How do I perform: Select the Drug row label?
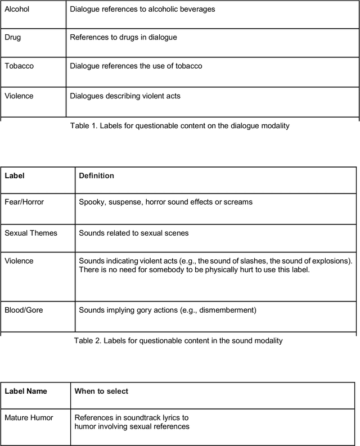[x=13, y=38]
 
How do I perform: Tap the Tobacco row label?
[x=19, y=66]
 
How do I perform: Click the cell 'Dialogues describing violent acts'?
[x=125, y=96]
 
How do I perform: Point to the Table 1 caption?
[x=179, y=126]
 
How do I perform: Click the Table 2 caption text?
[x=178, y=341]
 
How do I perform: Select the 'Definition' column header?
[x=96, y=176]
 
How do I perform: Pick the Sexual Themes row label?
[x=31, y=233]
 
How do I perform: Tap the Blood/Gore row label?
[x=24, y=310]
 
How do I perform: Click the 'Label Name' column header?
[x=26, y=391]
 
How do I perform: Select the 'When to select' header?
[x=101, y=391]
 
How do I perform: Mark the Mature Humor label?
[x=29, y=418]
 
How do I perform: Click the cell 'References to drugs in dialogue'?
[x=123, y=38]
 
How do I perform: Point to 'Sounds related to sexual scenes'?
[x=134, y=233]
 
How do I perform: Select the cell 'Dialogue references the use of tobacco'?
[x=136, y=66]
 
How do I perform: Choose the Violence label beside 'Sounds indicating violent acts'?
[x=19, y=261]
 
